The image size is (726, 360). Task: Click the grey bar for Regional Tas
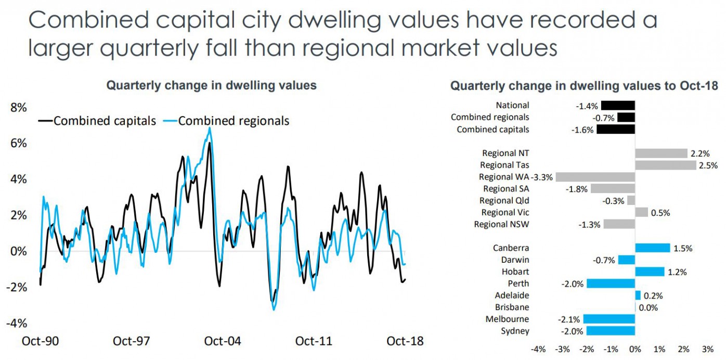click(665, 165)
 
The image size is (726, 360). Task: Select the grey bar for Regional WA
click(595, 177)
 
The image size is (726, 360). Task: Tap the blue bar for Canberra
click(652, 248)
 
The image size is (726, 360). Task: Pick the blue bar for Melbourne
click(609, 319)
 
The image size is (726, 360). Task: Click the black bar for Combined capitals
click(616, 130)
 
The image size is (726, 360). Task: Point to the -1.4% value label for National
click(587, 106)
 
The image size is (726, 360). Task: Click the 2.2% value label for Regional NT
click(699, 153)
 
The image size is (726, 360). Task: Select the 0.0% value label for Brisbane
click(648, 307)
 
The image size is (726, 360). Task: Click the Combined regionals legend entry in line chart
click(233, 121)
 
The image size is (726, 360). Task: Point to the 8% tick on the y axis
click(18, 108)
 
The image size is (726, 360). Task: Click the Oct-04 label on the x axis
click(223, 341)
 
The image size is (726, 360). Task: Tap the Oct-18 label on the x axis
click(405, 341)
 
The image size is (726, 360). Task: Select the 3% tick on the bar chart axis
click(707, 349)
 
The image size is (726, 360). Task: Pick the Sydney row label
click(515, 331)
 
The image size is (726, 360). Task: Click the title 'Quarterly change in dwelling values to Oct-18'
click(584, 86)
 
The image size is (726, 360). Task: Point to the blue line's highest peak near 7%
click(210, 128)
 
